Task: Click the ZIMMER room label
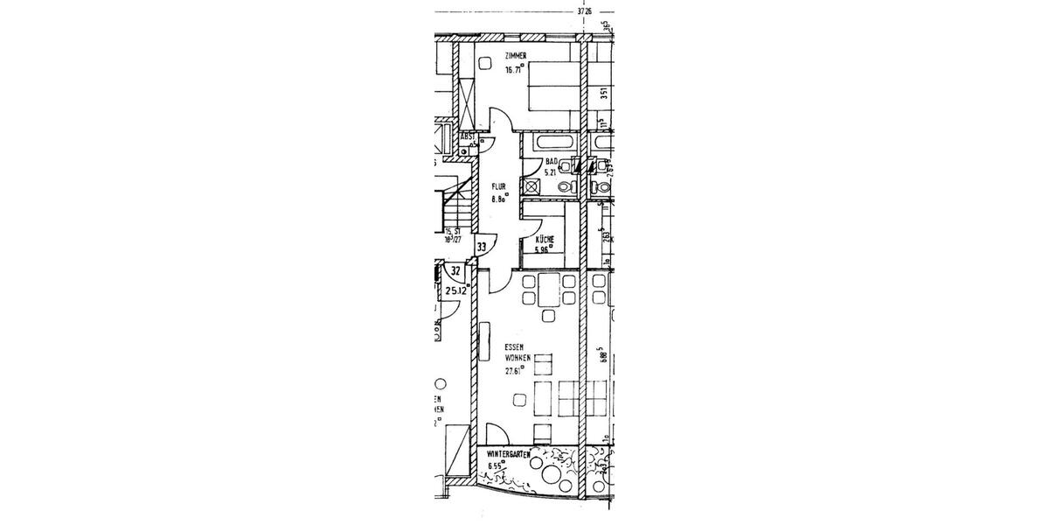point(515,57)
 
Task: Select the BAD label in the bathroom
point(551,162)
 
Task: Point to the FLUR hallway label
point(499,186)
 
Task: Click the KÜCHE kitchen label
point(544,239)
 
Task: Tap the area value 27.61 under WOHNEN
point(513,370)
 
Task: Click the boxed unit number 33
point(481,248)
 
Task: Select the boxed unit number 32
point(455,271)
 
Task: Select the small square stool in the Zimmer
point(485,63)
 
